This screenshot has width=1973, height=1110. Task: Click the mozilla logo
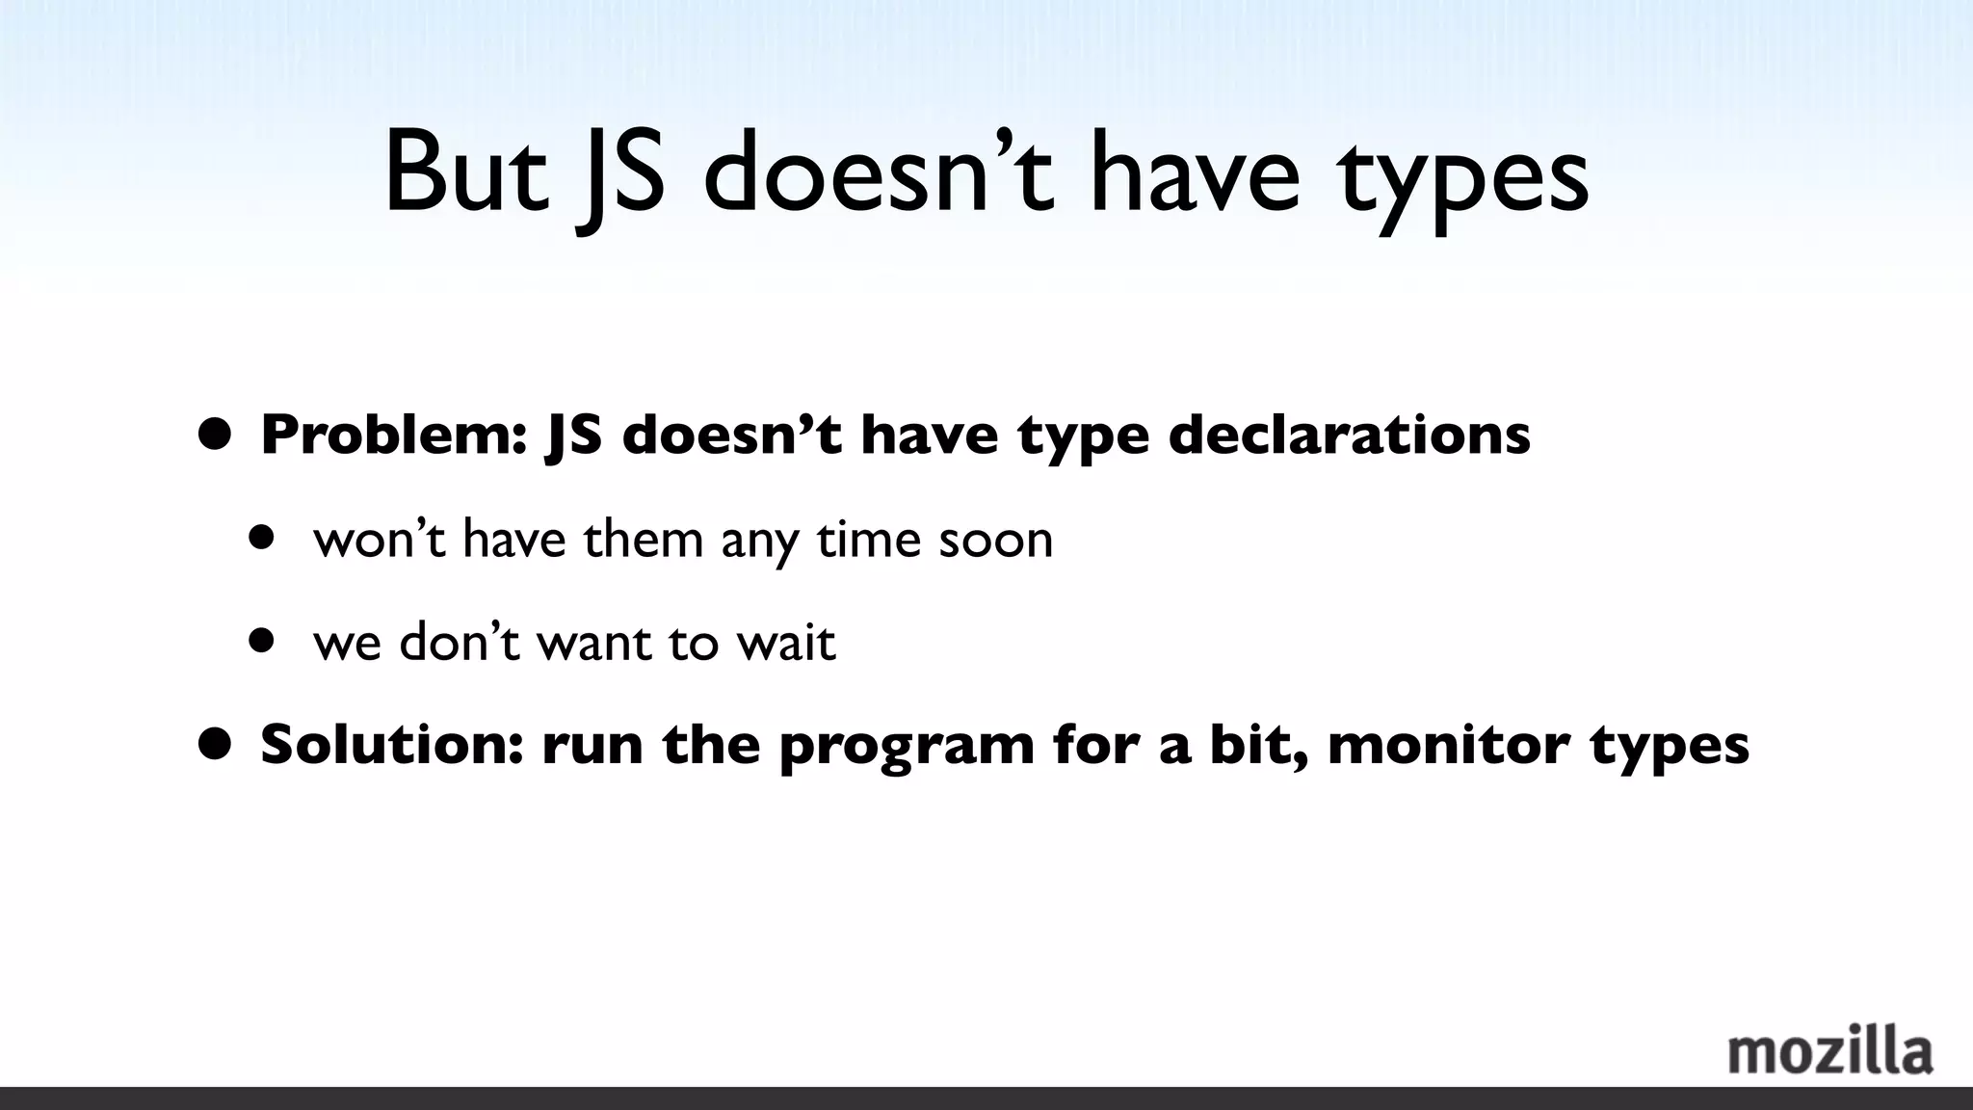point(1829,1052)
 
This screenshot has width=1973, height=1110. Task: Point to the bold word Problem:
point(393,436)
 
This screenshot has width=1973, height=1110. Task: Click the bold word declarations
point(1349,436)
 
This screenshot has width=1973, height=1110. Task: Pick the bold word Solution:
point(391,745)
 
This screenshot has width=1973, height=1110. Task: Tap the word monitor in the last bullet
point(1448,745)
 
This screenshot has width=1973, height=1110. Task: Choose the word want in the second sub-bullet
point(592,643)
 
